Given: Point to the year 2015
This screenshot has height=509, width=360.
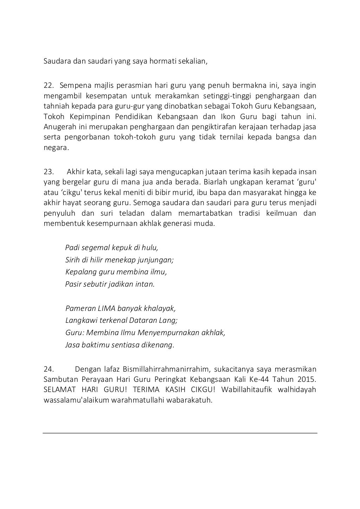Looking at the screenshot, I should click(x=306, y=379).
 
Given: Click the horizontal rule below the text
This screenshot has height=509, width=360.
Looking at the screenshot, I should click(x=180, y=433).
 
